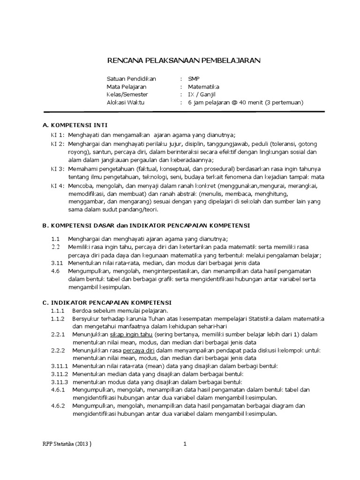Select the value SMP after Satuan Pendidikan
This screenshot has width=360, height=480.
tap(194, 79)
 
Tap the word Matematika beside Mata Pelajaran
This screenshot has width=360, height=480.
tap(203, 87)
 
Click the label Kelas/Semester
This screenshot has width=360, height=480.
tap(130, 94)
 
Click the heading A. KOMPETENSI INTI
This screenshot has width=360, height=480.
tap(75, 126)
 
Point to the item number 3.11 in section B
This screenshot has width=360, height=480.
tap(56, 263)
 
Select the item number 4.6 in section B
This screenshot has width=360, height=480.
tap(55, 271)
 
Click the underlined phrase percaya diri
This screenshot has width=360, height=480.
tap(139, 351)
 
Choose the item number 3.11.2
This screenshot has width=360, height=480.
tap(60, 374)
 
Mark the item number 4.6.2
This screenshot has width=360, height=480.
tap(58, 406)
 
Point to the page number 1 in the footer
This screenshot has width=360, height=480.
tap(185, 444)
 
